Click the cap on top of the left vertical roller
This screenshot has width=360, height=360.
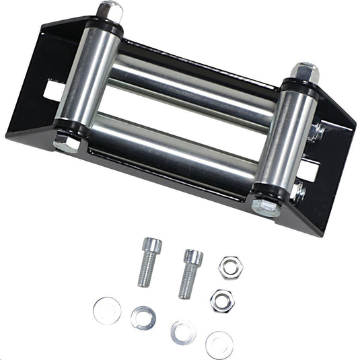(x=110, y=11)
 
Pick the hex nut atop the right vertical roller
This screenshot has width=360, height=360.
(x=304, y=71)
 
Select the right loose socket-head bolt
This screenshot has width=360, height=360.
(x=190, y=273)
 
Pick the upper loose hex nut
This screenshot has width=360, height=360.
(x=230, y=267)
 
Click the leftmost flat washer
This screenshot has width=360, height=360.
(x=107, y=310)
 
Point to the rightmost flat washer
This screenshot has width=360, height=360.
(x=219, y=344)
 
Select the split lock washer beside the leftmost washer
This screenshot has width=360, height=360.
(x=143, y=317)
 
